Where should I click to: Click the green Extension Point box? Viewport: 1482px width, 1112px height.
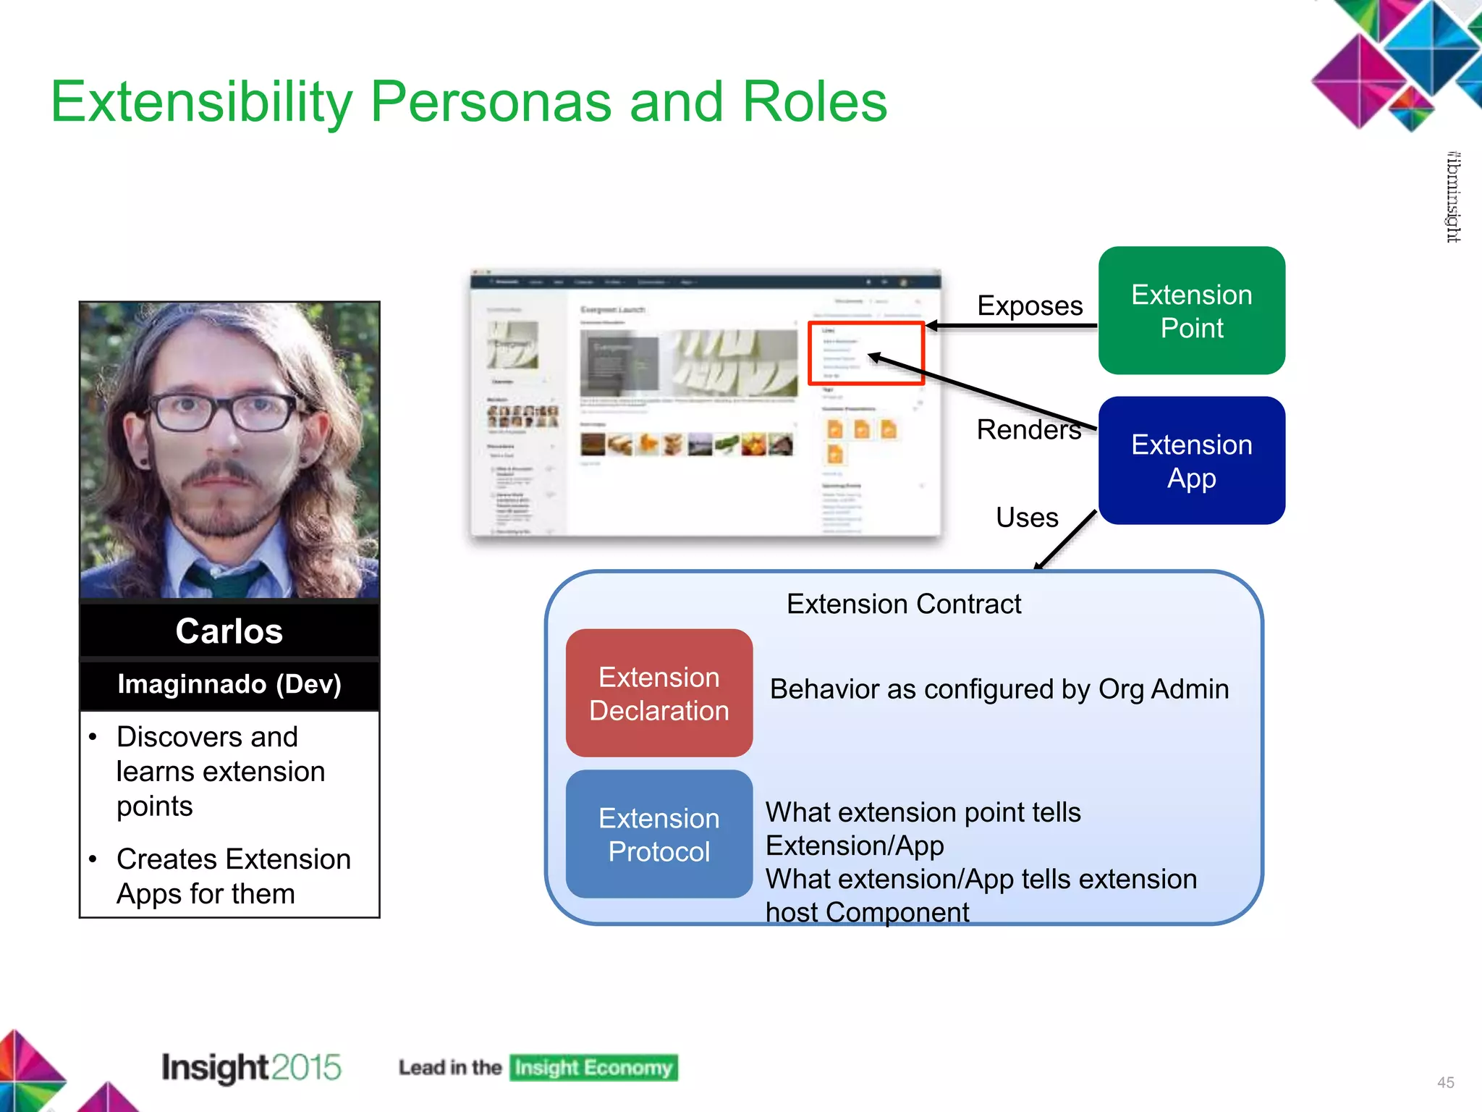click(x=1191, y=311)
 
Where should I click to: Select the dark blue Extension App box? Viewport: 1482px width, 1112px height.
click(x=1191, y=460)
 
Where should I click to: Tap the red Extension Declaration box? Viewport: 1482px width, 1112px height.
click(x=659, y=693)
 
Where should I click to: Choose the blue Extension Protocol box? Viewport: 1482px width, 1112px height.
click(x=659, y=834)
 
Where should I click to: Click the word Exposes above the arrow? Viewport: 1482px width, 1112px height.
click(x=1029, y=306)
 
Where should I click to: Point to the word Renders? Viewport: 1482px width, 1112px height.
click(x=1028, y=429)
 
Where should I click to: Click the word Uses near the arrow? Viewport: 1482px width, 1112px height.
click(x=1026, y=517)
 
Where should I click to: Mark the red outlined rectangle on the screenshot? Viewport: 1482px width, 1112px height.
click(x=865, y=353)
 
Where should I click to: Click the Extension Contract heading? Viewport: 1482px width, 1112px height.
click(x=903, y=603)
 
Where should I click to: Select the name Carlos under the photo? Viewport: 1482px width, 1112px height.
click(x=229, y=631)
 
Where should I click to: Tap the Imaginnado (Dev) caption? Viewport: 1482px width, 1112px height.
click(x=229, y=683)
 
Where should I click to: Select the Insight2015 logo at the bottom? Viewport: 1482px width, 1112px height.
click(x=250, y=1067)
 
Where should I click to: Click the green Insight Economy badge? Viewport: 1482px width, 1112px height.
click(x=593, y=1067)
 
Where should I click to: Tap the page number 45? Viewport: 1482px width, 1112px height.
click(x=1445, y=1082)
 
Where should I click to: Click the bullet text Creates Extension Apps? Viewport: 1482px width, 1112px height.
click(x=233, y=876)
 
